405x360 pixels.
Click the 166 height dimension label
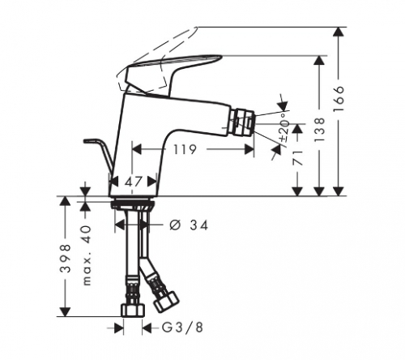coord(339,99)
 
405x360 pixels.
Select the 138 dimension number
coord(319,130)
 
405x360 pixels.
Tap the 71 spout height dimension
coord(297,158)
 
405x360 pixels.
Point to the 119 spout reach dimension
coord(185,149)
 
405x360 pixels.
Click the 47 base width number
coord(133,182)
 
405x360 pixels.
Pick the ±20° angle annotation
coord(284,127)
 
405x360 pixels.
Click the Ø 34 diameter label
coord(189,225)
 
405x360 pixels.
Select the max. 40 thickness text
coord(87,255)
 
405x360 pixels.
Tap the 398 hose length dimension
coord(65,259)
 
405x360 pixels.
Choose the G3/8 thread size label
coord(182,328)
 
